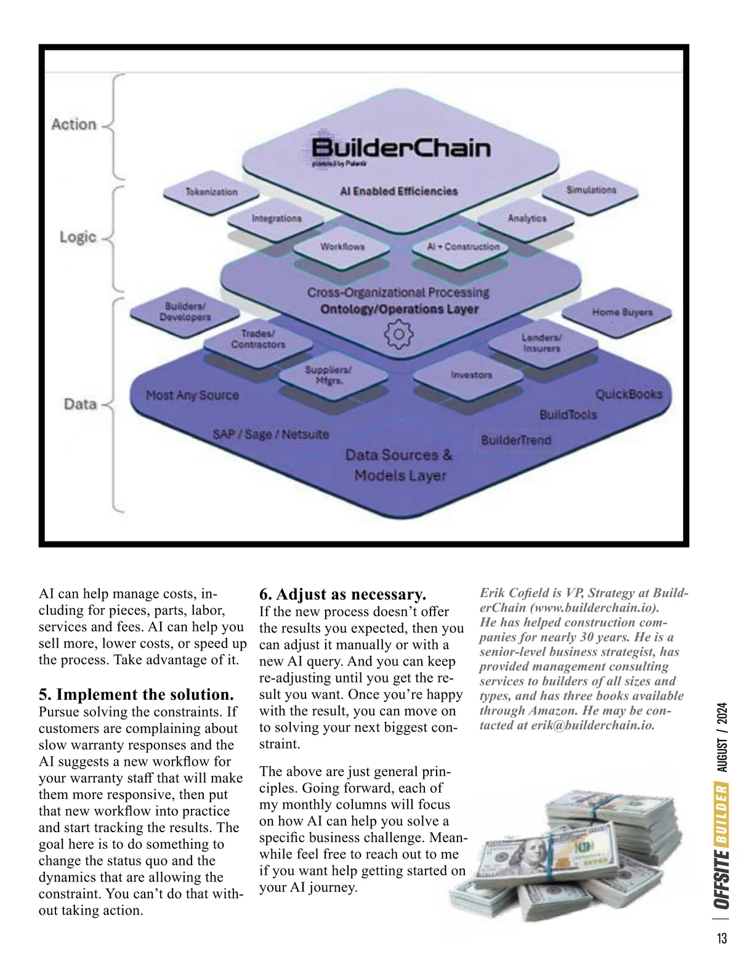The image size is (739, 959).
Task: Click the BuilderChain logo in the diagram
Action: [400, 148]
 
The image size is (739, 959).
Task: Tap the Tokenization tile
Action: [211, 192]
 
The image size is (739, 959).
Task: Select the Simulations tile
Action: [591, 190]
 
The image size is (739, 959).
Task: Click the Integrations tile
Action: [277, 219]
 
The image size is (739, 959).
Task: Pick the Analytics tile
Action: [527, 219]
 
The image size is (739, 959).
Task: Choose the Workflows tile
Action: [342, 247]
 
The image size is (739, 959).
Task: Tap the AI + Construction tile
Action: [463, 247]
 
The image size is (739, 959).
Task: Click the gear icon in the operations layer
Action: [399, 335]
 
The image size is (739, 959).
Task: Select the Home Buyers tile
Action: [622, 312]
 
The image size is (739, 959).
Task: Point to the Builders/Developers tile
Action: [185, 312]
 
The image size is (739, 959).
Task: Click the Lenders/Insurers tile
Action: [541, 343]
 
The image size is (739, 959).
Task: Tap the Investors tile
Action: [471, 375]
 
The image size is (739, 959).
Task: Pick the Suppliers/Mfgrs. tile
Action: [328, 375]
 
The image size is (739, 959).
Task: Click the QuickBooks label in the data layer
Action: [628, 395]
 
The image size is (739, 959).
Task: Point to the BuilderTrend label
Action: [515, 440]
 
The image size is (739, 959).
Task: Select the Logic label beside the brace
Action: [78, 237]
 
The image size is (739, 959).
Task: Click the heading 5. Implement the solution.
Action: [136, 695]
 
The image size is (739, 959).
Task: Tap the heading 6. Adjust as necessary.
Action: [342, 595]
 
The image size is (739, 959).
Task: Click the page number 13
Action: [722, 939]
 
